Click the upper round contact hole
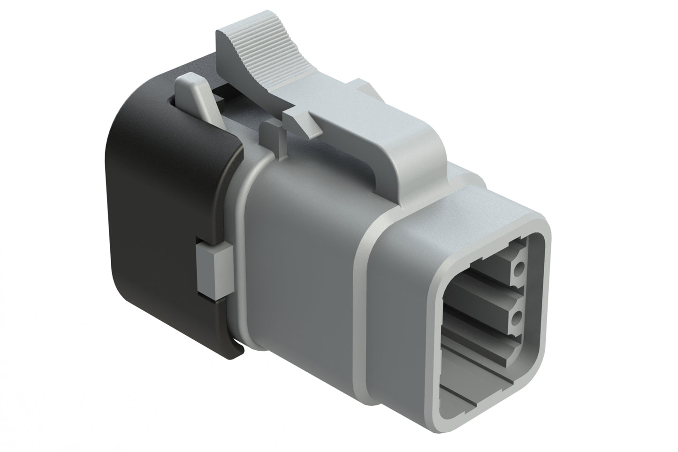(x=519, y=268)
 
